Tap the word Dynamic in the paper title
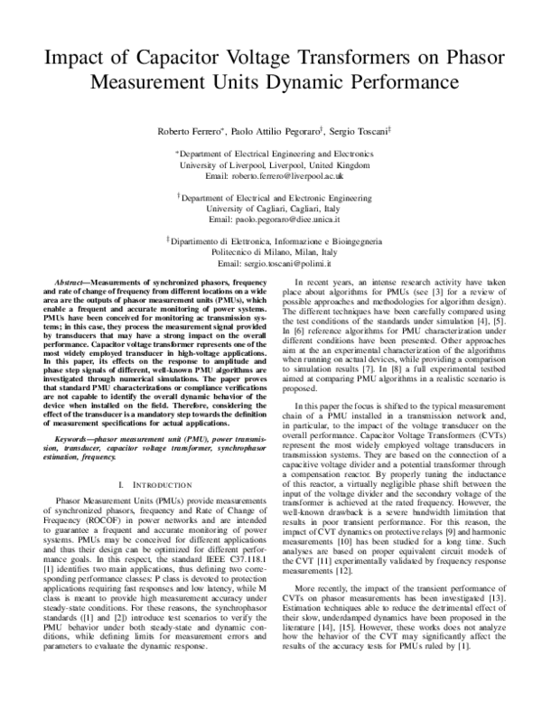[x=332, y=83]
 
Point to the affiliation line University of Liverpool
[x=271, y=166]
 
